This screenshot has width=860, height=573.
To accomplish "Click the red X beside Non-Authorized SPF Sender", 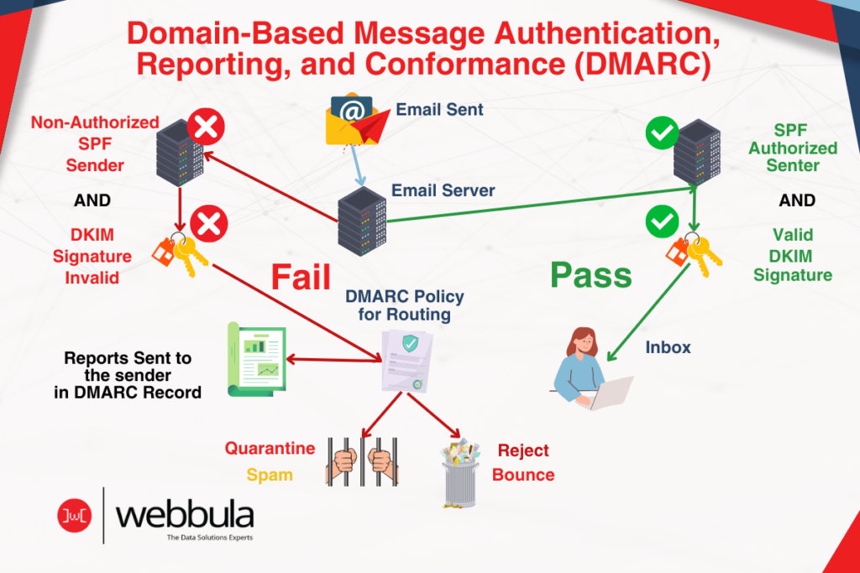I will click(205, 128).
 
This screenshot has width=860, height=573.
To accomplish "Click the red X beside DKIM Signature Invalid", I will click(205, 224).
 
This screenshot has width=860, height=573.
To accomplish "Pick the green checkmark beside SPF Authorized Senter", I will click(661, 132).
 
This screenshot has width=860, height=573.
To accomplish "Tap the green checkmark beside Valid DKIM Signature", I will click(661, 221).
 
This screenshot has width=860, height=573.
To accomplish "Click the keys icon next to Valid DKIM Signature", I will click(694, 251).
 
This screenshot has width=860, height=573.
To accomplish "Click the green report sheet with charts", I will click(257, 359).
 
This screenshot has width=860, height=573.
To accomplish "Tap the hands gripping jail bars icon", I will click(359, 461).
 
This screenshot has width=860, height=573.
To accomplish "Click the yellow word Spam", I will click(270, 475).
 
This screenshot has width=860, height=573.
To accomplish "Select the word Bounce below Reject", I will click(523, 475).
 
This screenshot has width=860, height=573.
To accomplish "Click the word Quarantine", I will click(270, 448).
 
